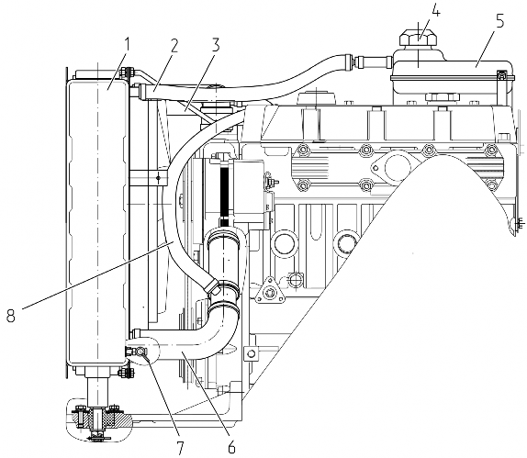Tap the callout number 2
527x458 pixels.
tap(174, 47)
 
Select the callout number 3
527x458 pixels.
tap(216, 45)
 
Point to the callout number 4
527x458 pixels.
tap(435, 11)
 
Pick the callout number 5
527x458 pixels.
tap(499, 23)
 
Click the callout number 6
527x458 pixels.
tap(231, 446)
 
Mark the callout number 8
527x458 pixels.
tap(11, 315)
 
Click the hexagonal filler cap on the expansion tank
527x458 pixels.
tap(419, 38)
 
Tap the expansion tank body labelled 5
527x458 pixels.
tap(452, 74)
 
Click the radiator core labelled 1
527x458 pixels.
tap(97, 222)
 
